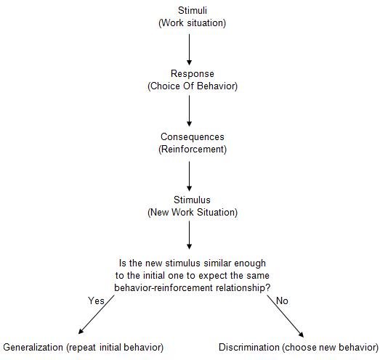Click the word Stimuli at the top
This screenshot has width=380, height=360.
tap(193, 10)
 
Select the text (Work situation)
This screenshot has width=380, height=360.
tap(193, 23)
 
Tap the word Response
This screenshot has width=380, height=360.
tap(193, 74)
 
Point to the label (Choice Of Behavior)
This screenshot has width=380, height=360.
tap(193, 86)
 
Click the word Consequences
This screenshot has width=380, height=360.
tap(193, 137)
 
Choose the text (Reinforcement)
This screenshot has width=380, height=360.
tap(193, 150)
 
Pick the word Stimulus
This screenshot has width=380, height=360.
tap(193, 200)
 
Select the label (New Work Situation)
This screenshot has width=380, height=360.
tap(193, 213)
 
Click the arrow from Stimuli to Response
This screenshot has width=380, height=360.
tap(189, 49)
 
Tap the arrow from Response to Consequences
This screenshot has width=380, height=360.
tap(189, 111)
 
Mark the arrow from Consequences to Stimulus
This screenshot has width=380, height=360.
tap(189, 176)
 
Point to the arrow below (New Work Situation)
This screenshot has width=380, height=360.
tap(189, 235)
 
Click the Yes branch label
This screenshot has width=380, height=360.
tap(96, 301)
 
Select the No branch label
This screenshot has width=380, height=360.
tap(282, 301)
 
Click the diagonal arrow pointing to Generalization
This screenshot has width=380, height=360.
tap(96, 315)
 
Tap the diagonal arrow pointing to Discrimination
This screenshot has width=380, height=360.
tap(286, 316)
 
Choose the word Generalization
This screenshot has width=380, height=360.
tap(33, 348)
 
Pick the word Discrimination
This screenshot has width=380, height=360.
tap(249, 348)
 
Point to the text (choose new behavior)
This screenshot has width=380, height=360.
tap(330, 348)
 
